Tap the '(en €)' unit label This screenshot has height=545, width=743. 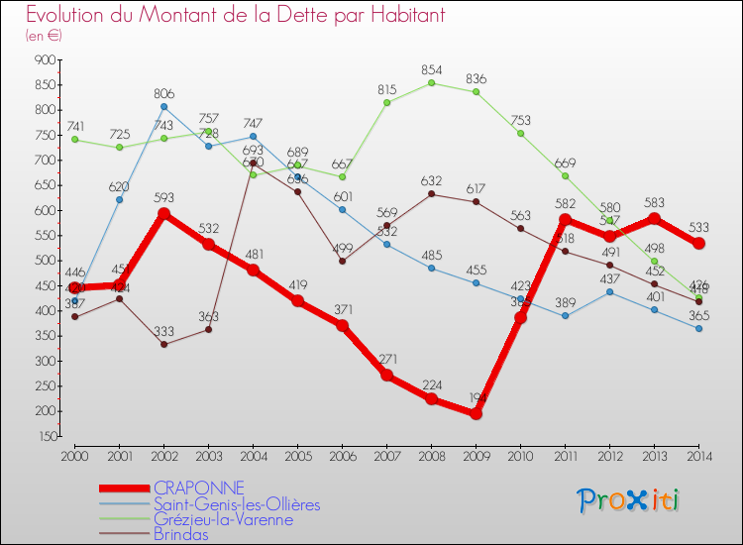coord(44,36)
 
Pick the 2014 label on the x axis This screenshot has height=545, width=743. coord(699,456)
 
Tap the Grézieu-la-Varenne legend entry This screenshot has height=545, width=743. coord(223,518)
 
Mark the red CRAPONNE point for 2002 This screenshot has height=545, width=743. coord(163,213)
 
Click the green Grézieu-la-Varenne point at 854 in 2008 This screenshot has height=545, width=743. coord(432,82)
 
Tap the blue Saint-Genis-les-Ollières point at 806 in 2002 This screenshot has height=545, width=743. coord(163,106)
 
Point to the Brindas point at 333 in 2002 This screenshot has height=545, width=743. coord(163,344)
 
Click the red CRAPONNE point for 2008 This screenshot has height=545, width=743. coord(432,398)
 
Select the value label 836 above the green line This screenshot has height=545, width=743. coord(476,78)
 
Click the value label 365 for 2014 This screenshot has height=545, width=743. coord(699,315)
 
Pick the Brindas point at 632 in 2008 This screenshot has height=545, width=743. coord(432,193)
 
